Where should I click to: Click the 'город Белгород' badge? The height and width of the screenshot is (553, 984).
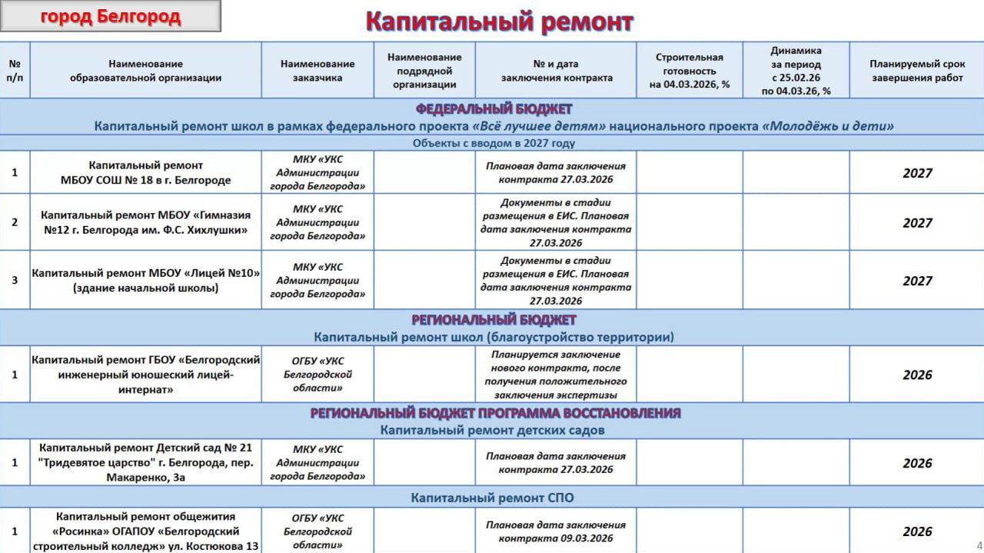click(111, 16)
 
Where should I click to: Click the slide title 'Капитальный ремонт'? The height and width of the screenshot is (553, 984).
click(499, 22)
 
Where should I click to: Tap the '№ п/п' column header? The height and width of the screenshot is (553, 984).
click(15, 71)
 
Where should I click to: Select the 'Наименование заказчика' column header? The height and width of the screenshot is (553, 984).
click(317, 71)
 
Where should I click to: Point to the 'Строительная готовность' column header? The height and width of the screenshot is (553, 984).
click(689, 71)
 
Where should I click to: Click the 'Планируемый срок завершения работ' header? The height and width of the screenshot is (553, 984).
click(917, 71)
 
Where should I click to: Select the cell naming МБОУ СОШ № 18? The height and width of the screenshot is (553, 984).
click(146, 173)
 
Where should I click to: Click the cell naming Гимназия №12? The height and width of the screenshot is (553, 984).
click(146, 222)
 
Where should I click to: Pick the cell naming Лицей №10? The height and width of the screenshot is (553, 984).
click(146, 281)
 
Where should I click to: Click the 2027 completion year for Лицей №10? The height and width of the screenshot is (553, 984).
click(917, 281)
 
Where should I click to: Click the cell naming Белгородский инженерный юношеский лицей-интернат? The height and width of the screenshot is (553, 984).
click(146, 375)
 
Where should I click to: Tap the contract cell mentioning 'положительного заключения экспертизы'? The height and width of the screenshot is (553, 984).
click(556, 375)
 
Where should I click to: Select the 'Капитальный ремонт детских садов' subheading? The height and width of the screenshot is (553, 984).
click(492, 430)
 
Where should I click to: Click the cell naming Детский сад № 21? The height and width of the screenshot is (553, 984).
click(146, 462)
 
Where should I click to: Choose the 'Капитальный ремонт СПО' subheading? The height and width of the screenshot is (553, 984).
click(492, 498)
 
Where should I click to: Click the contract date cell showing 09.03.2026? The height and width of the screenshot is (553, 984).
click(556, 531)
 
